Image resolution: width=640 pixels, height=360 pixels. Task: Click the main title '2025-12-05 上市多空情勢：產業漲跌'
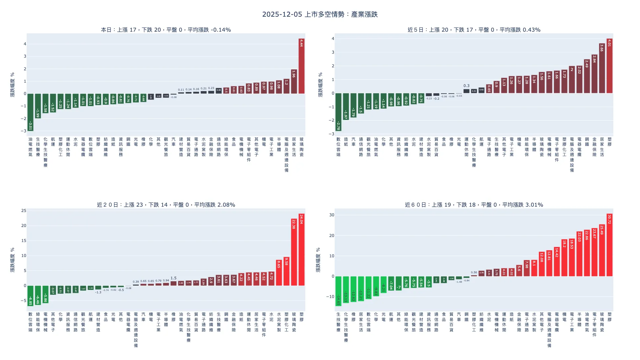pyautogui.click(x=320, y=14)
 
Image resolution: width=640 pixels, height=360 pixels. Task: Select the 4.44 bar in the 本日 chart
pyautogui.click(x=301, y=66)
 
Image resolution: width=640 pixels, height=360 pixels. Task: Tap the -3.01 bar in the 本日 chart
pyautogui.click(x=30, y=112)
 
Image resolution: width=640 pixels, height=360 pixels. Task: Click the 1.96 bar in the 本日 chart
pyautogui.click(x=294, y=81)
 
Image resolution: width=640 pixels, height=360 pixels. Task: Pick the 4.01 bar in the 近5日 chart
pyautogui.click(x=609, y=66)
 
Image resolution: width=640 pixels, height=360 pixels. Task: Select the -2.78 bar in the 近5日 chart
pyautogui.click(x=338, y=112)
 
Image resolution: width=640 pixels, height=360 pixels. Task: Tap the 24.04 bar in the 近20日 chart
pyautogui.click(x=301, y=250)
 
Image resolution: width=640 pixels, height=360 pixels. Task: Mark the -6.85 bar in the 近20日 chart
pyautogui.click(x=30, y=296)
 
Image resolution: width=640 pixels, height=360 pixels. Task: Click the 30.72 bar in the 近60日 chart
pyautogui.click(x=609, y=245)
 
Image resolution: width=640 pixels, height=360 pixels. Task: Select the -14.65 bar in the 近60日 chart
pyautogui.click(x=338, y=291)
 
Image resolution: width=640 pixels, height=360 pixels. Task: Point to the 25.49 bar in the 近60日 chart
pyautogui.click(x=602, y=250)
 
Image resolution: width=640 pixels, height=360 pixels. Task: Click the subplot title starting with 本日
pyautogui.click(x=166, y=30)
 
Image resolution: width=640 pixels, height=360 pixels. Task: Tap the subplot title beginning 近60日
pyautogui.click(x=474, y=205)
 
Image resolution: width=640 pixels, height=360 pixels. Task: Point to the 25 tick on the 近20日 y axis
pyautogui.click(x=24, y=211)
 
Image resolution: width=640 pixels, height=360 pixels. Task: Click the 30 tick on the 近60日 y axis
pyautogui.click(x=332, y=215)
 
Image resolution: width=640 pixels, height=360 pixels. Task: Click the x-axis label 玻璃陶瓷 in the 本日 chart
pyautogui.click(x=301, y=147)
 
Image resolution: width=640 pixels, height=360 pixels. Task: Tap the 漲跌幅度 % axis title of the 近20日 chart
pyautogui.click(x=12, y=260)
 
